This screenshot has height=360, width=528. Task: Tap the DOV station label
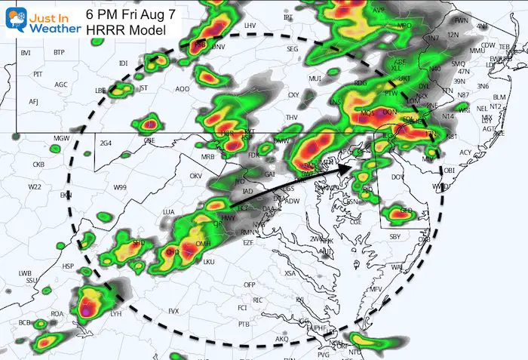coord(396,176)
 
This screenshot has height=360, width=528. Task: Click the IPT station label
coord(288,38)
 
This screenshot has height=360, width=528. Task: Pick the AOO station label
coord(182,89)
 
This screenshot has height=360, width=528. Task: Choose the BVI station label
coord(26,52)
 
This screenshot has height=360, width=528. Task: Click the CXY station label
coord(293,95)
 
